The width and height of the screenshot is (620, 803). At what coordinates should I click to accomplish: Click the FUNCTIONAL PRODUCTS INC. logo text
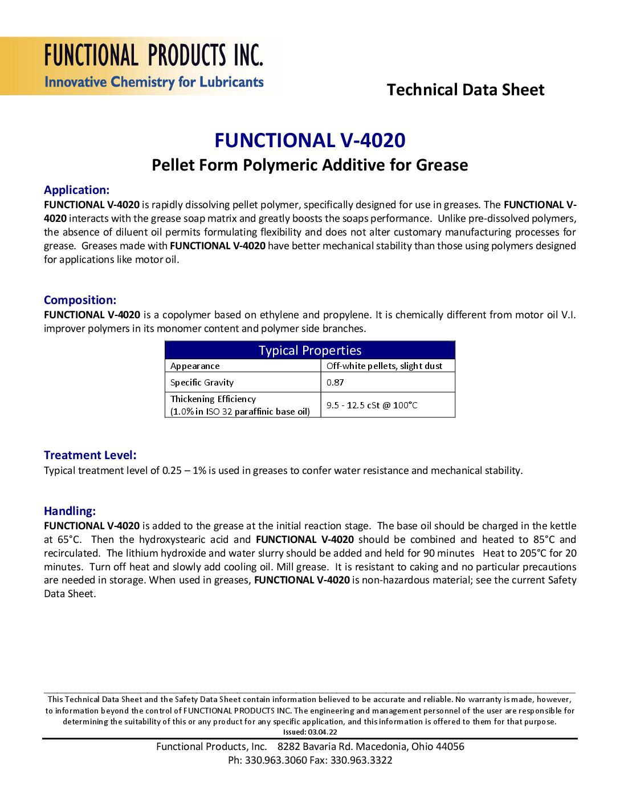click(154, 56)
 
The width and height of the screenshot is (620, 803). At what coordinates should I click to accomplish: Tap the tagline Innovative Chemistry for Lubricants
click(154, 82)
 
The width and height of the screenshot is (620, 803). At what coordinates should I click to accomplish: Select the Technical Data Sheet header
click(466, 90)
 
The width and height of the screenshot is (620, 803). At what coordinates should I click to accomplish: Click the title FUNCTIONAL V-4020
click(310, 140)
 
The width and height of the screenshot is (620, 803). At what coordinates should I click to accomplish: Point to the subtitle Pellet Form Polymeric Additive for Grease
click(310, 165)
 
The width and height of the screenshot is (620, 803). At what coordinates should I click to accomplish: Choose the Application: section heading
click(76, 190)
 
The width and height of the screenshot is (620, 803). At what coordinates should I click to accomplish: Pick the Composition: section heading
click(80, 301)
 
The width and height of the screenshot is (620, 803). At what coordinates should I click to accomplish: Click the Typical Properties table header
click(310, 350)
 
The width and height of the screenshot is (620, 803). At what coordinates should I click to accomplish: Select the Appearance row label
click(195, 366)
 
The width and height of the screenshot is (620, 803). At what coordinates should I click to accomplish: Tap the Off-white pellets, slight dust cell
click(384, 366)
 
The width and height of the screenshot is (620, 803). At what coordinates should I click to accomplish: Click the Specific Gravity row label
click(202, 383)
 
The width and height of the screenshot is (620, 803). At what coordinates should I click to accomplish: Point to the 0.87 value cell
click(335, 383)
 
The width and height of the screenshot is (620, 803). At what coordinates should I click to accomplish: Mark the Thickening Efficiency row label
click(213, 399)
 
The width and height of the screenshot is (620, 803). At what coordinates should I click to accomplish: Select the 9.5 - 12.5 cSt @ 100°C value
click(372, 405)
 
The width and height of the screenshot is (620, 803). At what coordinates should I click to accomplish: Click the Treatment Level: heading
click(90, 456)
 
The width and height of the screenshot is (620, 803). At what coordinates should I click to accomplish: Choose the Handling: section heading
click(70, 512)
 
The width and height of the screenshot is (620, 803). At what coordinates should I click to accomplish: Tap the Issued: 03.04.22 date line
click(310, 732)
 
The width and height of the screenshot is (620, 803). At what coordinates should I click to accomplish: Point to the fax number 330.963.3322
click(361, 760)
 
